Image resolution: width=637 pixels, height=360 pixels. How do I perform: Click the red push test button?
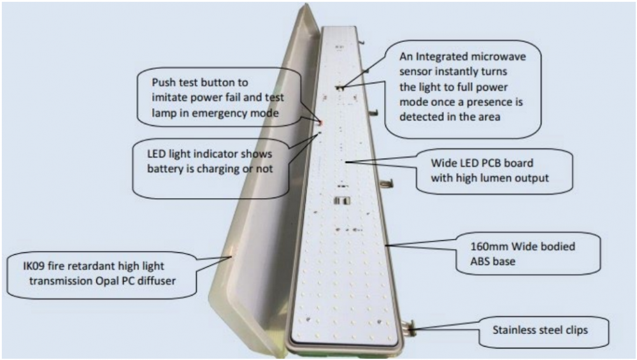pos(321,121)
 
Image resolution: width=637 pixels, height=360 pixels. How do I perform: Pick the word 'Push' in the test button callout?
pos(164,83)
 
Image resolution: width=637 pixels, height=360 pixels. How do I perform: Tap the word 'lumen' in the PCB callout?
pos(498,178)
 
